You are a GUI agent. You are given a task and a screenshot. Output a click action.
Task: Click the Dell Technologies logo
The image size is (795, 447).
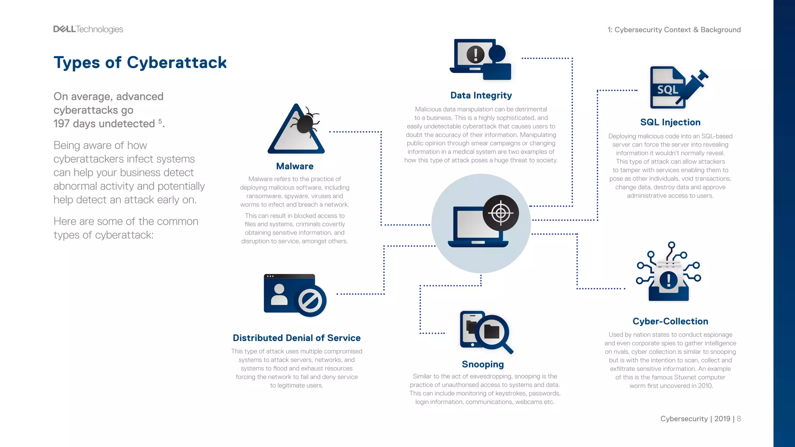click(88, 29)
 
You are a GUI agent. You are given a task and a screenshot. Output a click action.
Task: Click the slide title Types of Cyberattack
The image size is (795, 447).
click(140, 62)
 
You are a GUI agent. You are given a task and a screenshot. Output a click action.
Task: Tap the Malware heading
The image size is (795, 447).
click(295, 166)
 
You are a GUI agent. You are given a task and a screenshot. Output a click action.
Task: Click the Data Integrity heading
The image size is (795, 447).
click(481, 95)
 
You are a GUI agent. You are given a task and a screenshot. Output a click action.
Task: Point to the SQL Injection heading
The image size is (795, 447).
click(670, 122)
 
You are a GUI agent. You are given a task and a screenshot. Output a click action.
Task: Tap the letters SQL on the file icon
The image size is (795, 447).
click(667, 90)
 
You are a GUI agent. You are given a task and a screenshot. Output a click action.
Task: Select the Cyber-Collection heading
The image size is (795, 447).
click(670, 321)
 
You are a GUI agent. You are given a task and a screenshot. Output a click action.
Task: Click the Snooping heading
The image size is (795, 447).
click(483, 364)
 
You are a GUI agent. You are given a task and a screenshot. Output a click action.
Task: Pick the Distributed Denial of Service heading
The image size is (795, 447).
click(297, 338)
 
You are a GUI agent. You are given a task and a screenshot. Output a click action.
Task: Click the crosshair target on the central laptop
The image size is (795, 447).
click(501, 213)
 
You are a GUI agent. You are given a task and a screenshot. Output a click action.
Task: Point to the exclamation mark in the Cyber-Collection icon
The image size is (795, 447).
click(668, 280)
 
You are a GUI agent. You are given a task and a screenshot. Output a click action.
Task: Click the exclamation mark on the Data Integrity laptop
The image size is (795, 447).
click(475, 54)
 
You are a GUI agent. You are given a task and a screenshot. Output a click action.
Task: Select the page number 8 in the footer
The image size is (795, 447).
click(739, 419)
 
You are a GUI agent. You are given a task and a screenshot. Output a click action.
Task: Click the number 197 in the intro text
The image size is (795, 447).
click(61, 124)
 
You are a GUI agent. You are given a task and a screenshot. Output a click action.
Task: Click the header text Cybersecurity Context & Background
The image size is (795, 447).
click(677, 30)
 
